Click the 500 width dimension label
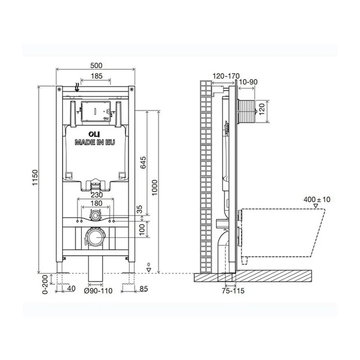point(96,65)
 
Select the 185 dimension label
point(97,76)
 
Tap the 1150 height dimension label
point(35,178)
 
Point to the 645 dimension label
point(143,162)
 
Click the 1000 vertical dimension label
point(155,188)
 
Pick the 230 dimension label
point(97,195)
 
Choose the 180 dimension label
point(96,203)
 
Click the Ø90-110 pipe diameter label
point(98,291)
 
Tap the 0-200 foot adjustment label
point(45,284)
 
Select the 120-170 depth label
point(226,76)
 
